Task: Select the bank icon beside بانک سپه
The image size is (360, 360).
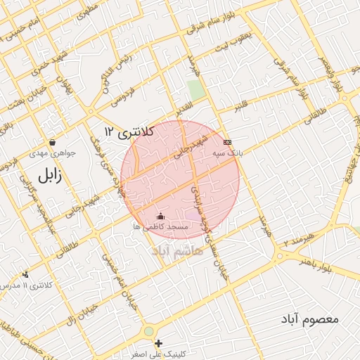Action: (x=227, y=142)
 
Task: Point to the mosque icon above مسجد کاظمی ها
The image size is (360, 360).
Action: (x=160, y=216)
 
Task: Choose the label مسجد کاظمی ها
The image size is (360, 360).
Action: (x=161, y=227)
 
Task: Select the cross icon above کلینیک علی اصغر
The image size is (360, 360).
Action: (x=159, y=343)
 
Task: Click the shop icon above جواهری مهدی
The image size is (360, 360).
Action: (x=52, y=143)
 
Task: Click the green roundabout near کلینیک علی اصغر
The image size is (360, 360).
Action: (x=148, y=331)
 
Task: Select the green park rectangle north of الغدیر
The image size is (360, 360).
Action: (x=195, y=90)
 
